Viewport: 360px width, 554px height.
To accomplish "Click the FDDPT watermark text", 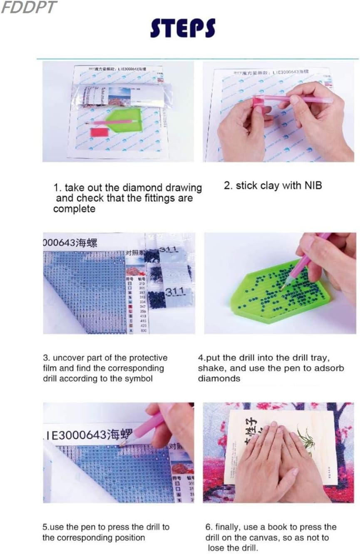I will tap(28, 7).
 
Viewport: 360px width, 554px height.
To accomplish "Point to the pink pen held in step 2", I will tap(300, 99).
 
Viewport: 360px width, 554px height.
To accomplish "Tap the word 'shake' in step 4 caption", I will tap(211, 368).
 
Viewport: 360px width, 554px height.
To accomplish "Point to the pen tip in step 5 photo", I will tap(122, 445).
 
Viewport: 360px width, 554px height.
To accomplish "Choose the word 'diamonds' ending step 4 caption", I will tap(219, 378).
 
